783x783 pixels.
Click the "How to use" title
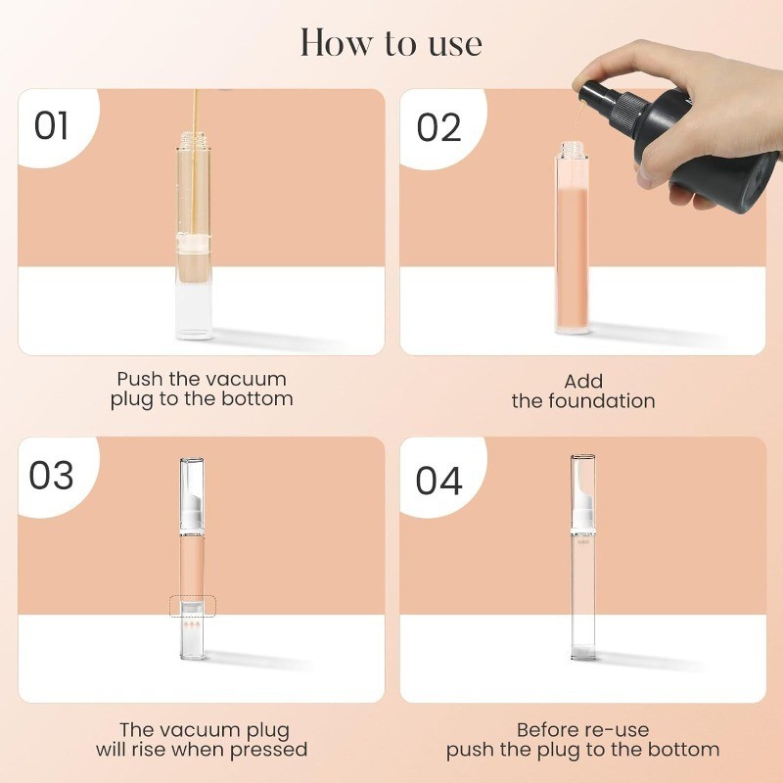(391, 43)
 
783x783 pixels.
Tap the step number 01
(51, 126)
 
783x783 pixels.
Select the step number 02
(438, 128)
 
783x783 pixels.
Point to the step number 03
(51, 475)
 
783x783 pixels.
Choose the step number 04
(438, 481)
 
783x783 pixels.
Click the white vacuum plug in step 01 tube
(194, 243)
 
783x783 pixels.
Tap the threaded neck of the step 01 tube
(194, 140)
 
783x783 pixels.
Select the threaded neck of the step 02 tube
(572, 149)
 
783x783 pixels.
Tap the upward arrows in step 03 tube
(192, 624)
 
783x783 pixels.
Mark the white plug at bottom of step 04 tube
(583, 651)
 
